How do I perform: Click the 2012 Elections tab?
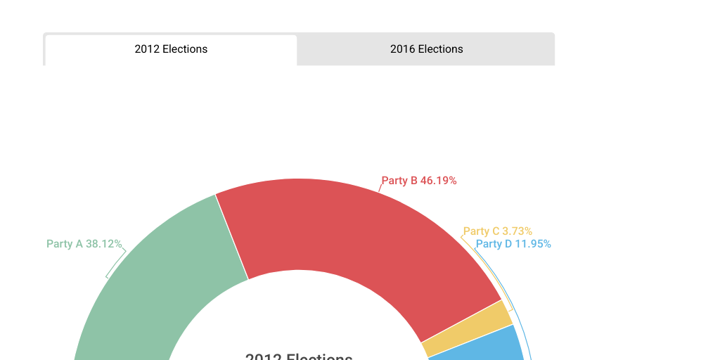pos(171,49)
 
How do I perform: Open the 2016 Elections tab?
pos(426,49)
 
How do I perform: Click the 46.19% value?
pos(439,181)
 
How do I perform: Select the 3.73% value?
pos(517,231)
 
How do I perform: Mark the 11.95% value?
pos(533,244)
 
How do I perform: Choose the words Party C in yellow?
pos(481,231)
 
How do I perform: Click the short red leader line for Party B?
pos(380,188)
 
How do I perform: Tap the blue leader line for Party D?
pos(517,295)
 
